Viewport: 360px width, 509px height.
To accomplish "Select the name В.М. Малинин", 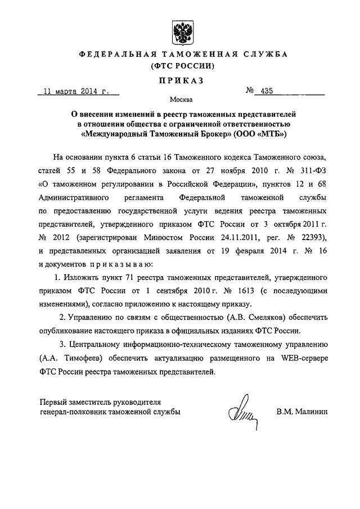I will [301, 412].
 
